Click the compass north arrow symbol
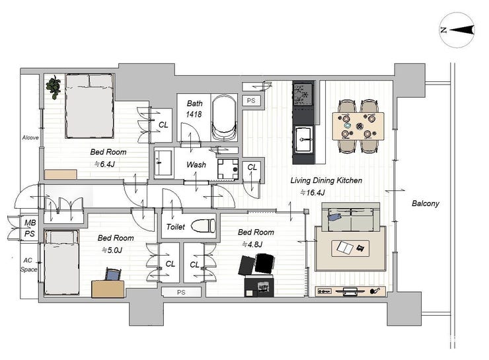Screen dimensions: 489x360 click(x=457, y=30)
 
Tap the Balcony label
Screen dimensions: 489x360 click(x=426, y=203)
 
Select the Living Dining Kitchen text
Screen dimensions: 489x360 click(x=326, y=180)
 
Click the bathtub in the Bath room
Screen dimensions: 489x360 click(x=223, y=118)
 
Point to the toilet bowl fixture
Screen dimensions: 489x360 click(x=203, y=226)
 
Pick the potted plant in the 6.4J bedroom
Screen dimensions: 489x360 click(x=54, y=87)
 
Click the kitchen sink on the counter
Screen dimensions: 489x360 click(x=303, y=139)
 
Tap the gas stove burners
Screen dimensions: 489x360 click(x=303, y=93)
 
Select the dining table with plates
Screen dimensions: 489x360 click(x=358, y=126)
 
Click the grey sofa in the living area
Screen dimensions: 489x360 click(x=351, y=217)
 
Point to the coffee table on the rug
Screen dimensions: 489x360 click(x=350, y=248)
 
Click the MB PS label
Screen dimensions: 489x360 click(x=30, y=228)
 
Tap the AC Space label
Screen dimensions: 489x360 click(x=28, y=265)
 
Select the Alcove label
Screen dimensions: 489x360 click(x=30, y=137)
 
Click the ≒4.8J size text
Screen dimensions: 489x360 click(x=252, y=244)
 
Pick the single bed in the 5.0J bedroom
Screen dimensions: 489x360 click(x=61, y=262)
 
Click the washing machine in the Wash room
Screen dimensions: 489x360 click(x=228, y=169)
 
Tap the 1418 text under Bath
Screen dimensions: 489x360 click(x=194, y=114)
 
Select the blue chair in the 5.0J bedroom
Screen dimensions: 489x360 click(x=113, y=274)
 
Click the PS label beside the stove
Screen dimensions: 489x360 click(x=251, y=100)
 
